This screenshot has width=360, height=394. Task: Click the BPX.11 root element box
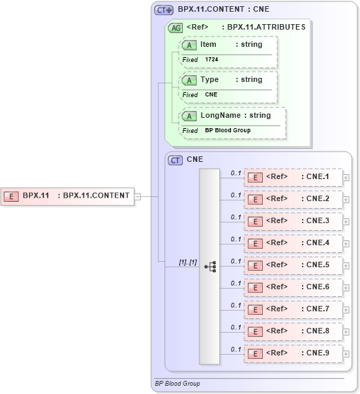pos(68,196)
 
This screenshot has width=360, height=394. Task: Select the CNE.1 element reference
pos(294,177)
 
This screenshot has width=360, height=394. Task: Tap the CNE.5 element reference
pos(294,265)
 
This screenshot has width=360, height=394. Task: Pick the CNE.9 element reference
pos(294,353)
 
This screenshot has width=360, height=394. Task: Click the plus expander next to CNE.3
pos(346,222)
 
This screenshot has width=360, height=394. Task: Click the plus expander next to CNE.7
pos(346,310)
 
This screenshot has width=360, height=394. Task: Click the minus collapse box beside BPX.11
pos(138,196)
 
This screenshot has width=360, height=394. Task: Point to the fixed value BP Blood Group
pos(228,130)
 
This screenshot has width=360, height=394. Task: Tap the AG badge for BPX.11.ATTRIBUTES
pos(176,28)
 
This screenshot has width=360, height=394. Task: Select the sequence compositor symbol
pos(210,265)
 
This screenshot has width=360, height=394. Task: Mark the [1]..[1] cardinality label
pos(188,262)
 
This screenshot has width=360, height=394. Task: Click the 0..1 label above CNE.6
pos(236,283)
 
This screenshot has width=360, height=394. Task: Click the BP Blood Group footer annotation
pos(178,383)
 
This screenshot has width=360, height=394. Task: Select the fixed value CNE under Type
pos(211,95)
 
